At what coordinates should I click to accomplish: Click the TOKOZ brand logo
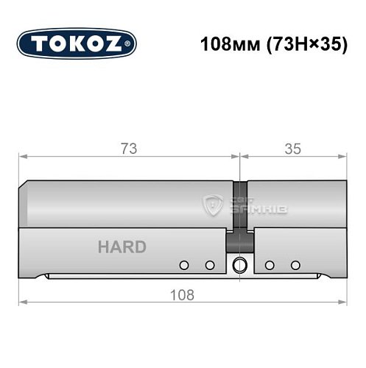[x=77, y=44]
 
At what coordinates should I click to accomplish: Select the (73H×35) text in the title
[x=302, y=44]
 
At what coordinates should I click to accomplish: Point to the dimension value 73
[x=129, y=149]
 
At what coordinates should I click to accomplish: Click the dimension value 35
[x=292, y=149]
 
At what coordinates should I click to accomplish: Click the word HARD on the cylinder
[x=122, y=247]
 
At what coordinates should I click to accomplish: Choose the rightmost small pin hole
[x=295, y=265]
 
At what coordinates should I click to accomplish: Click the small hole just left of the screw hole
[x=210, y=265]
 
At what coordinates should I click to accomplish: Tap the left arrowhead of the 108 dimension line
[x=23, y=302]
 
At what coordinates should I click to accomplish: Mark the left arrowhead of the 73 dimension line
[x=23, y=157]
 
